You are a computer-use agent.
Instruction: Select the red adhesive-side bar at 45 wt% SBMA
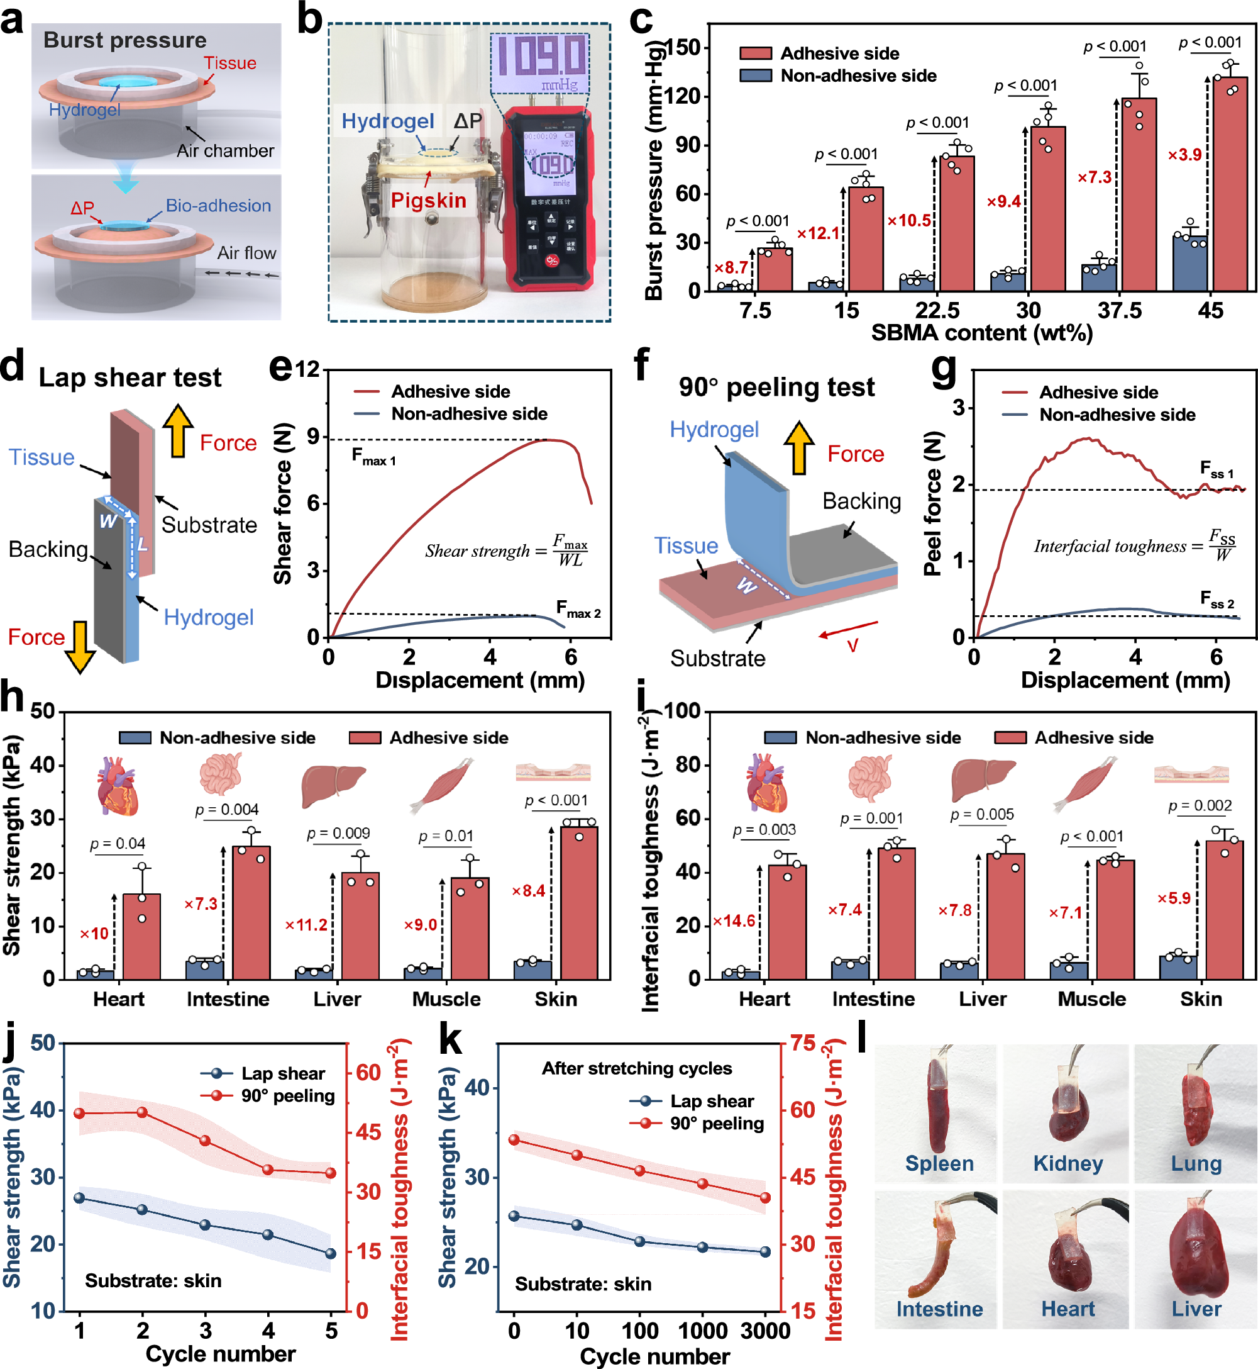tap(1230, 184)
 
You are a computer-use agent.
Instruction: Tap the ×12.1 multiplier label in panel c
tap(819, 233)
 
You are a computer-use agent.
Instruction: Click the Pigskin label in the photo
tap(428, 200)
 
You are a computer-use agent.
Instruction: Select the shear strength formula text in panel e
tap(506, 550)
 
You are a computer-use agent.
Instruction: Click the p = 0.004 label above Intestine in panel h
tap(227, 809)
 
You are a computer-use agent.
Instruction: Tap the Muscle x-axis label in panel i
tap(1091, 998)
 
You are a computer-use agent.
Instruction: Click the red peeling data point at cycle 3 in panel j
tap(205, 1141)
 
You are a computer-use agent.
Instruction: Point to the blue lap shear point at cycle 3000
tap(764, 1252)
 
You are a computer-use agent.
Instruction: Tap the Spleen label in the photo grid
tap(939, 1163)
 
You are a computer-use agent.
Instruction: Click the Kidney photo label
tap(1068, 1163)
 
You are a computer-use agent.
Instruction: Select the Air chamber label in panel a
tap(225, 150)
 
